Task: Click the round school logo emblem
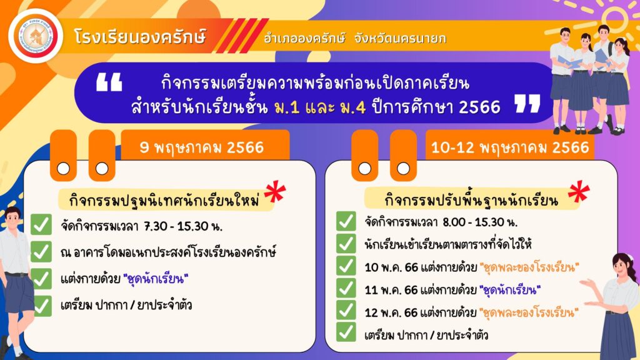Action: click(36, 36)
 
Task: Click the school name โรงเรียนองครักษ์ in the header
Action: click(141, 37)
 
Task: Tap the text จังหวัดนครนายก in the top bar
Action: click(401, 38)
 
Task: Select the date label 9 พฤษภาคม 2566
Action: click(202, 147)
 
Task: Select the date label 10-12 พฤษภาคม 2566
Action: click(510, 147)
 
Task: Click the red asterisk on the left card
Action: click(275, 192)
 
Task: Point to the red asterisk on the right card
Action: click(579, 192)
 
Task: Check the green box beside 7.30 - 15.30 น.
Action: click(41, 224)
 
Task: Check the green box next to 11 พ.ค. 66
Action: click(346, 288)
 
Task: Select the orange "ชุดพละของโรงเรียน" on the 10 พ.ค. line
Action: click(529, 267)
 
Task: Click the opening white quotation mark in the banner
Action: click(109, 82)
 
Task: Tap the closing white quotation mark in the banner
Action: click(527, 103)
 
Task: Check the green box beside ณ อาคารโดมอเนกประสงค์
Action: click(41, 251)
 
